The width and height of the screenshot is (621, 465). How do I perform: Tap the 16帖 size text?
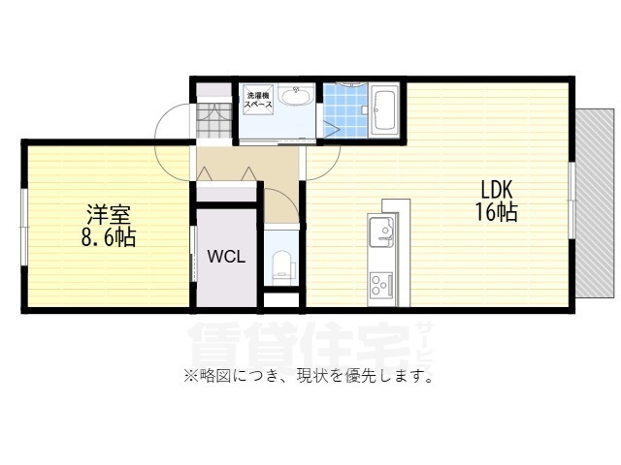(x=495, y=213)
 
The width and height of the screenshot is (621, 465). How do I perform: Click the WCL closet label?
(x=227, y=258)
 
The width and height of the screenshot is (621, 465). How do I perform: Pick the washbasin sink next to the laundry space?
(x=294, y=96)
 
